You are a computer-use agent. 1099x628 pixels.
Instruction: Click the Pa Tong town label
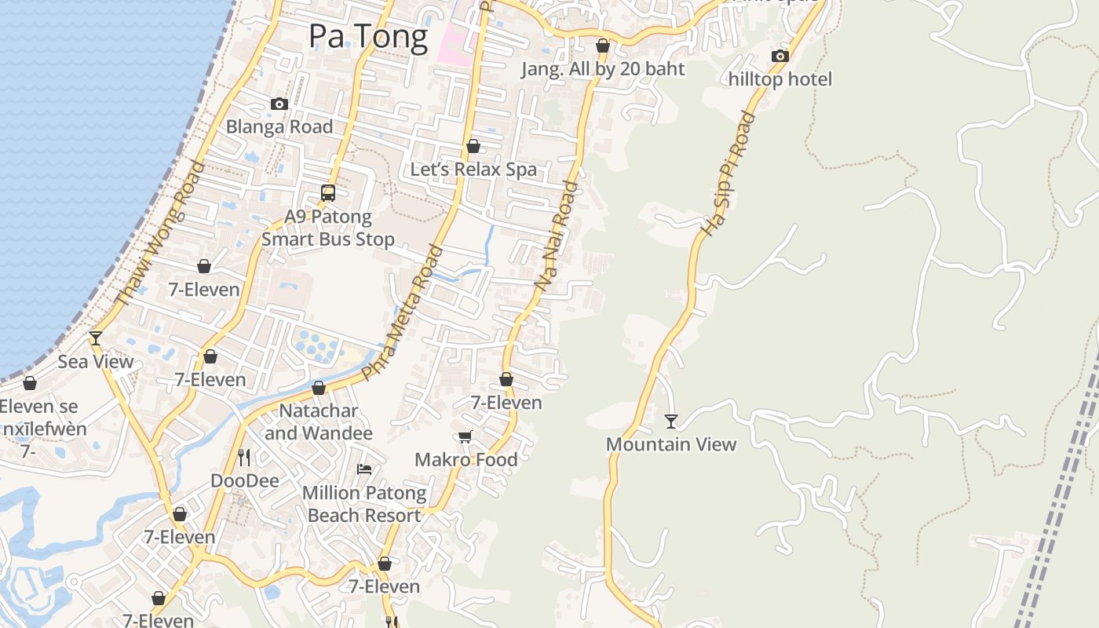(368, 36)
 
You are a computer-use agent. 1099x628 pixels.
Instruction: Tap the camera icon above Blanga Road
(279, 104)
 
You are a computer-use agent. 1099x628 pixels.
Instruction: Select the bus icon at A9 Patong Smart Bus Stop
(328, 193)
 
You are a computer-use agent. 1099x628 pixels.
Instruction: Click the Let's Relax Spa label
(473, 169)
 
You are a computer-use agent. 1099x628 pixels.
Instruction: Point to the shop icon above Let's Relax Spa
(473, 147)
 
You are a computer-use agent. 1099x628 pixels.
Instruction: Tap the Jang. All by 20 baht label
(603, 69)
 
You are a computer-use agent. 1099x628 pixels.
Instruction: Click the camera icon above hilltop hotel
(780, 56)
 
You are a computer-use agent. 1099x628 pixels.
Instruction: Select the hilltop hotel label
(780, 79)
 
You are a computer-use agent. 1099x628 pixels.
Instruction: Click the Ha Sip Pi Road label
(728, 173)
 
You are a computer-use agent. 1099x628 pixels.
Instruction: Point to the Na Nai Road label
(557, 235)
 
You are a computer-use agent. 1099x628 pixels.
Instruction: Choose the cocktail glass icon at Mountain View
(671, 422)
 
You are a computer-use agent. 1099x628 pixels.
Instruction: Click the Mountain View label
(671, 444)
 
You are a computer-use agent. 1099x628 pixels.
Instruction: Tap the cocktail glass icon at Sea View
(96, 338)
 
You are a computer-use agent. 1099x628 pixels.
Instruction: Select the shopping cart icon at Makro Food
(466, 437)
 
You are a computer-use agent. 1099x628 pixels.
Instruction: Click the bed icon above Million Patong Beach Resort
(364, 469)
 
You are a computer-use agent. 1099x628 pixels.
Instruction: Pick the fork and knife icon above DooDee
(244, 457)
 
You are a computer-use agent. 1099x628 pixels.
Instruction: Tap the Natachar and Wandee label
(319, 422)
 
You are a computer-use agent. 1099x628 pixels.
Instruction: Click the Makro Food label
(466, 460)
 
